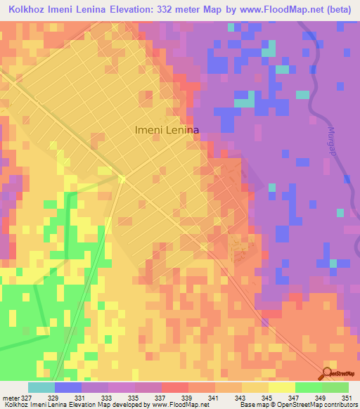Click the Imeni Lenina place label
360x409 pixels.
(167, 130)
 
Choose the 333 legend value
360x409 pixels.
(109, 398)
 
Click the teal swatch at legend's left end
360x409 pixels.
(41, 387)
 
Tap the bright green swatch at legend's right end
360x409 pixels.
(335, 387)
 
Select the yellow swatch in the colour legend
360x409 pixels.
(281, 387)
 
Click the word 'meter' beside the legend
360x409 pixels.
(10, 398)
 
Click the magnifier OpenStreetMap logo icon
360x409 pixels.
(328, 373)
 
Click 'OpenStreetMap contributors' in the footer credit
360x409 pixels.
(320, 405)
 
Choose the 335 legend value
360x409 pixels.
(136, 398)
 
